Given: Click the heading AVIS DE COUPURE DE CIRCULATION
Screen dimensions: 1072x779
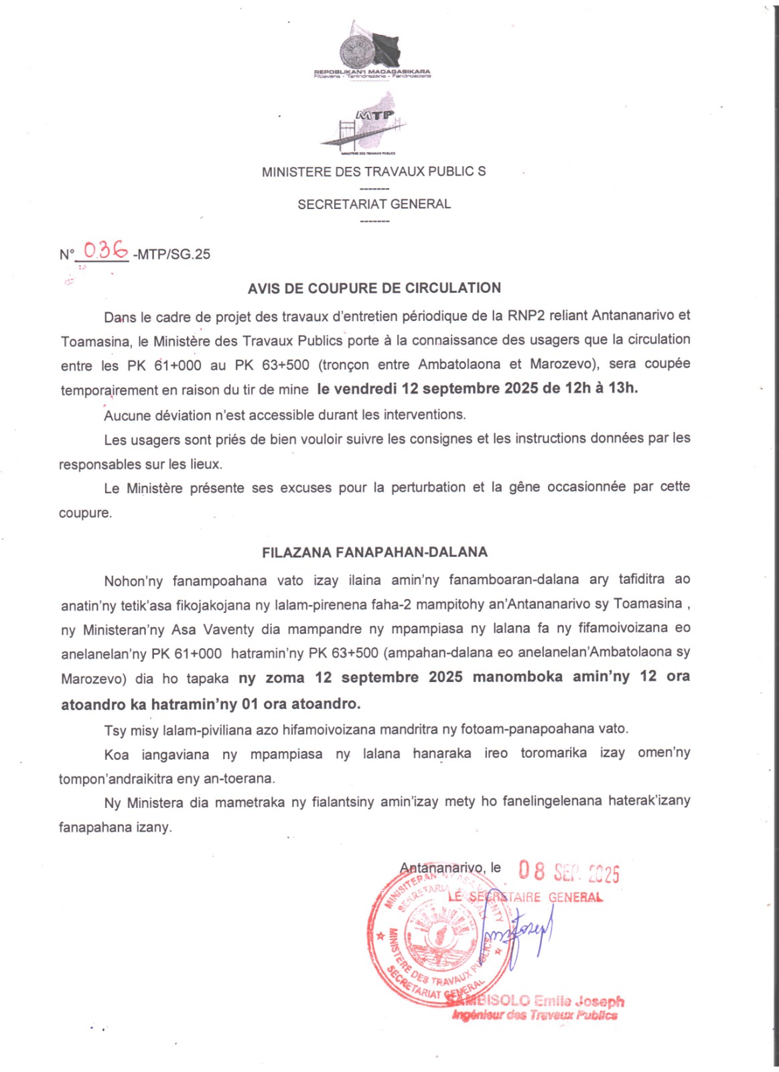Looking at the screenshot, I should click(374, 288).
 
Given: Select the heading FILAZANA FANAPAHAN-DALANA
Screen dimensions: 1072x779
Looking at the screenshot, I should click(374, 553).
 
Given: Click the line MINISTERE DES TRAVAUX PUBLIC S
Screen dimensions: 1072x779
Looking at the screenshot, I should click(374, 172).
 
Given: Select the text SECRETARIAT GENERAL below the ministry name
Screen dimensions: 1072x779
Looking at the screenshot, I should click(374, 204).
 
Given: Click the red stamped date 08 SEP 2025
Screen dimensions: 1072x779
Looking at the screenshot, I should click(569, 872).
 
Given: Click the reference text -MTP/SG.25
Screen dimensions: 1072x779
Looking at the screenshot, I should click(172, 255).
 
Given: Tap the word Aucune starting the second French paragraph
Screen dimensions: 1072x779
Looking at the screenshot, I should click(127, 415).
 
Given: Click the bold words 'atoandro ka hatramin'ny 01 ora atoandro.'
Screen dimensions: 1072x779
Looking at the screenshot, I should click(210, 704).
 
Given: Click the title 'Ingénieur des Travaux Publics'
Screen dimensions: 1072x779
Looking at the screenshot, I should click(535, 1016).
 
